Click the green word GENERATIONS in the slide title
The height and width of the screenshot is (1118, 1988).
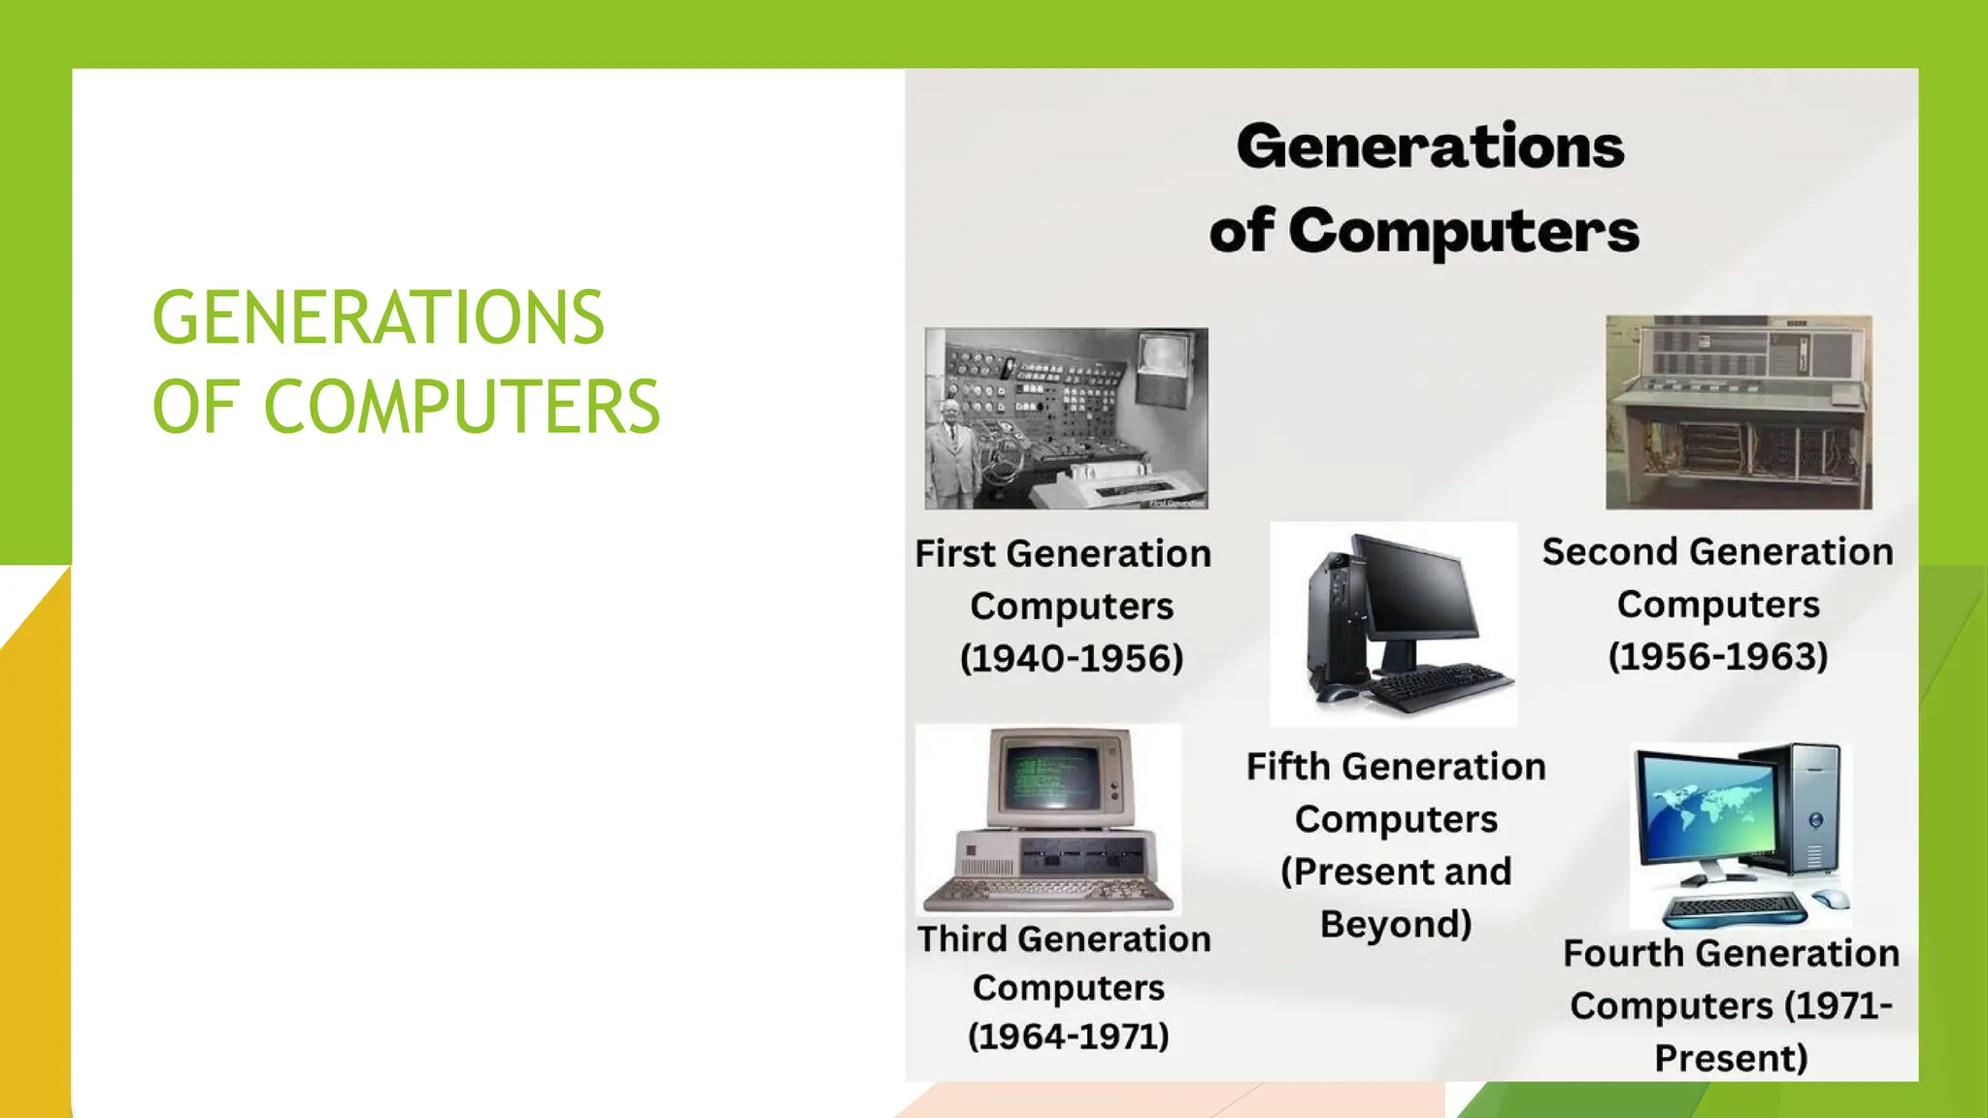[379, 317]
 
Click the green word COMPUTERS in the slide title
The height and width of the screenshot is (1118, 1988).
[462, 407]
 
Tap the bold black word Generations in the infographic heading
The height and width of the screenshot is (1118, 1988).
[1430, 148]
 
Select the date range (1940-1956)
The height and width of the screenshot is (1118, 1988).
[1072, 659]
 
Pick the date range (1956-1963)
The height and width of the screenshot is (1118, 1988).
[1717, 657]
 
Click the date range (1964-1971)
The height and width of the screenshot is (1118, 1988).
[1068, 1036]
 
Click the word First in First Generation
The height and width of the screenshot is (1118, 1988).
[955, 554]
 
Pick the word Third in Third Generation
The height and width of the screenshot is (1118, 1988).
[962, 939]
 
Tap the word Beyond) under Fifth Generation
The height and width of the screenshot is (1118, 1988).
[1395, 924]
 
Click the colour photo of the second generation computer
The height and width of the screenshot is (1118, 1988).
[1738, 411]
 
